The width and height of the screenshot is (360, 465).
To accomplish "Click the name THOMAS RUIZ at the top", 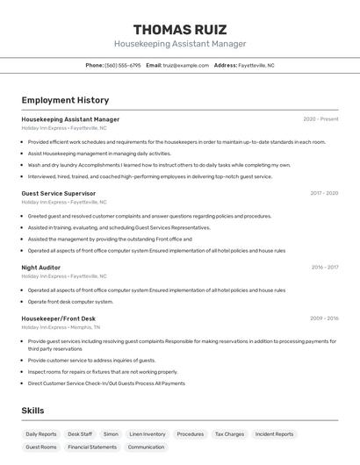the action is point(180,29).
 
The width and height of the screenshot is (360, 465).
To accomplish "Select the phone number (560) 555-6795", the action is point(123,65).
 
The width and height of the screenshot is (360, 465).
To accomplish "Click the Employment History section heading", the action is point(65,100).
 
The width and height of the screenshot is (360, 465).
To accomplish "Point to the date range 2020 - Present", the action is point(320,119).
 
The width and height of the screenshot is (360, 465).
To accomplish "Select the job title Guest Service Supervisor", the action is point(59,193).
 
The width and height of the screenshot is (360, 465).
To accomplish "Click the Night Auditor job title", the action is point(41,267).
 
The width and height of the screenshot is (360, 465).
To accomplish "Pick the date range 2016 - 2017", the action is point(324,267).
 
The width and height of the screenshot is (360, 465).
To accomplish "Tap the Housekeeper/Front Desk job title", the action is point(59,318).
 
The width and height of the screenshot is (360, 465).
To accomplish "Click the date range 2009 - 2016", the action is point(323,318).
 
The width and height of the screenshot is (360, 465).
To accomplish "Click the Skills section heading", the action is point(32,411).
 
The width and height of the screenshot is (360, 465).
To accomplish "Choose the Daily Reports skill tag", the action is point(41,433).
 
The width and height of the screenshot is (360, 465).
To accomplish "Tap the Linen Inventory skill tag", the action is point(148,433).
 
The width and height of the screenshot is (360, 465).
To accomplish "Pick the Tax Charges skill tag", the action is point(229,433).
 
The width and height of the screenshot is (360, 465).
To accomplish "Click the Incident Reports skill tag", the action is point(275,433).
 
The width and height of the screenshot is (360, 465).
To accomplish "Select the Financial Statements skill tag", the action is point(92,447).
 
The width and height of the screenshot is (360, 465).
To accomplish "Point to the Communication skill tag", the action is point(146,447).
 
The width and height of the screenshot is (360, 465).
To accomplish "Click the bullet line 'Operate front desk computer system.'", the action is point(70,301).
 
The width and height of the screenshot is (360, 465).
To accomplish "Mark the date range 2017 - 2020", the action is point(324,193).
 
